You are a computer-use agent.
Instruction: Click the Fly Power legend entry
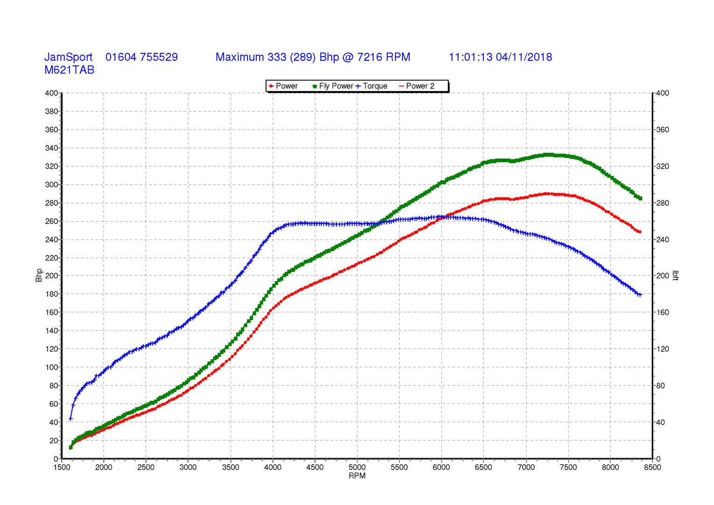[332, 86]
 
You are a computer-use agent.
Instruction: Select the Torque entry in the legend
[371, 86]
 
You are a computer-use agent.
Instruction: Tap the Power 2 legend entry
[417, 86]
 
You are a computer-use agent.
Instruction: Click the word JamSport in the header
[68, 57]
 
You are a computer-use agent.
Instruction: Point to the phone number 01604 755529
[141, 57]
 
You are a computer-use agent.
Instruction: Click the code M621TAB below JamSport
[69, 70]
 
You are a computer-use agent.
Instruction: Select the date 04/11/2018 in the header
[523, 57]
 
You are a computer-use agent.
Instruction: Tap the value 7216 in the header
[369, 57]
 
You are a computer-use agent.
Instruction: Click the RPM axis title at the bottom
[357, 476]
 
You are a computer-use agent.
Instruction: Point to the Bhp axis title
[39, 275]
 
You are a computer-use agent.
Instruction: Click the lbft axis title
[675, 275]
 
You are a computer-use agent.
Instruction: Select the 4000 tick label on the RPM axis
[273, 467]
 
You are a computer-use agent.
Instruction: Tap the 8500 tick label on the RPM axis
[652, 467]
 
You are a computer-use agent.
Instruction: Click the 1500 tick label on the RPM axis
[62, 467]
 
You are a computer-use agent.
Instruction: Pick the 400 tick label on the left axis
[51, 93]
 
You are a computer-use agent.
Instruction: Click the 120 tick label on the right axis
[663, 349]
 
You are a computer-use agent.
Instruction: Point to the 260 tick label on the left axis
[51, 221]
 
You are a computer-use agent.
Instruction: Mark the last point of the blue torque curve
[639, 295]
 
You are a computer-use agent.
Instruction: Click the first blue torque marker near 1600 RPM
[71, 419]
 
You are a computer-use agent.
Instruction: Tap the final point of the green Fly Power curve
[640, 199]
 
